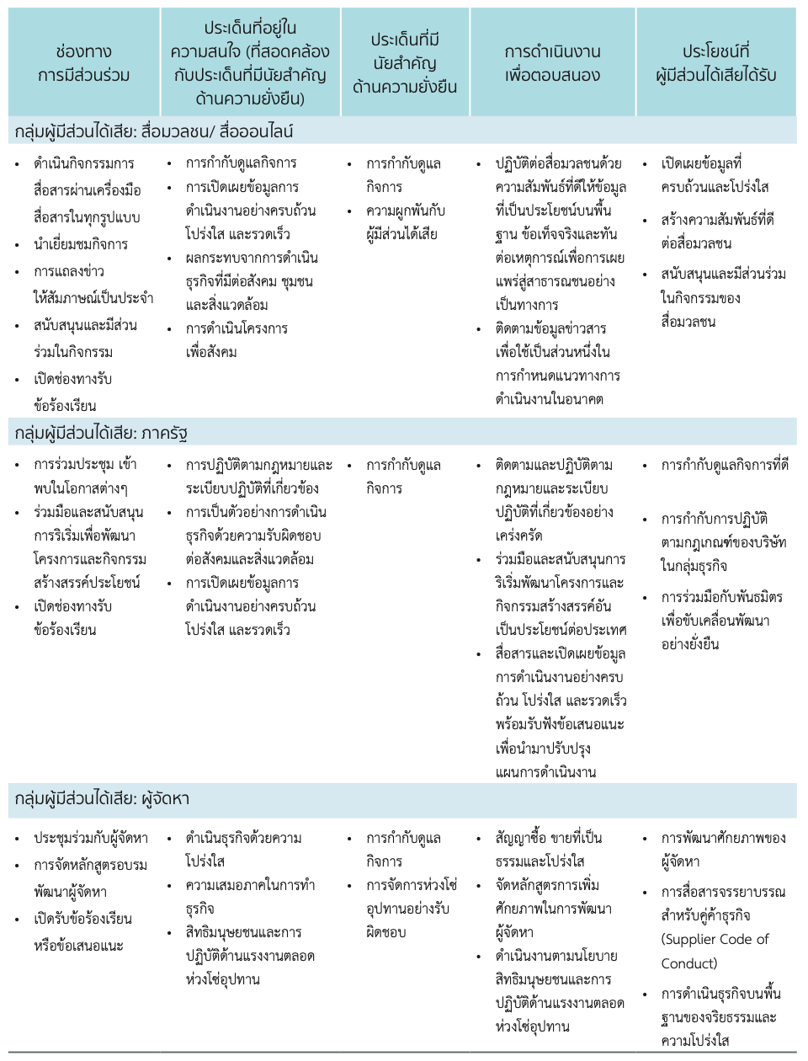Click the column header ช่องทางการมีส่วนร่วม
click(x=83, y=63)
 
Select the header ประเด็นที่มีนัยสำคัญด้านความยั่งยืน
click(x=405, y=63)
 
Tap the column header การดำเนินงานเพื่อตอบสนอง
click(x=552, y=63)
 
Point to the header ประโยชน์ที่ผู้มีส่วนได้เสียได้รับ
click(x=716, y=63)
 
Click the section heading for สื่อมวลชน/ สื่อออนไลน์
click(x=154, y=131)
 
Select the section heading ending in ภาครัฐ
click(x=101, y=434)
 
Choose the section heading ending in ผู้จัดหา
click(x=102, y=798)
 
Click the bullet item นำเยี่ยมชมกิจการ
click(x=81, y=244)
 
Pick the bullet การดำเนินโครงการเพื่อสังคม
click(x=237, y=339)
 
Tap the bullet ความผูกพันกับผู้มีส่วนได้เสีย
click(x=405, y=222)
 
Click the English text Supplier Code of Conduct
click(x=715, y=951)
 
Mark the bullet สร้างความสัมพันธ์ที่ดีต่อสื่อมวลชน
click(x=717, y=232)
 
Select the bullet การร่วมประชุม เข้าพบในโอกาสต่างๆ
click(x=84, y=476)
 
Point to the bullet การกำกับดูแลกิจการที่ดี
click(x=725, y=465)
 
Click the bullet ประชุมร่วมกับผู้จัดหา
click(x=90, y=838)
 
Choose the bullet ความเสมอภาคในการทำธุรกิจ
click(x=250, y=897)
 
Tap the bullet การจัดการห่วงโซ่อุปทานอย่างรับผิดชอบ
click(x=411, y=909)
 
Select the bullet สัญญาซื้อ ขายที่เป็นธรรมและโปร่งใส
click(x=548, y=849)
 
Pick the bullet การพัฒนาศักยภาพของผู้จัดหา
click(x=723, y=850)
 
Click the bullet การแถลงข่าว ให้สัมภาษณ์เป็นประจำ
click(x=93, y=285)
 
